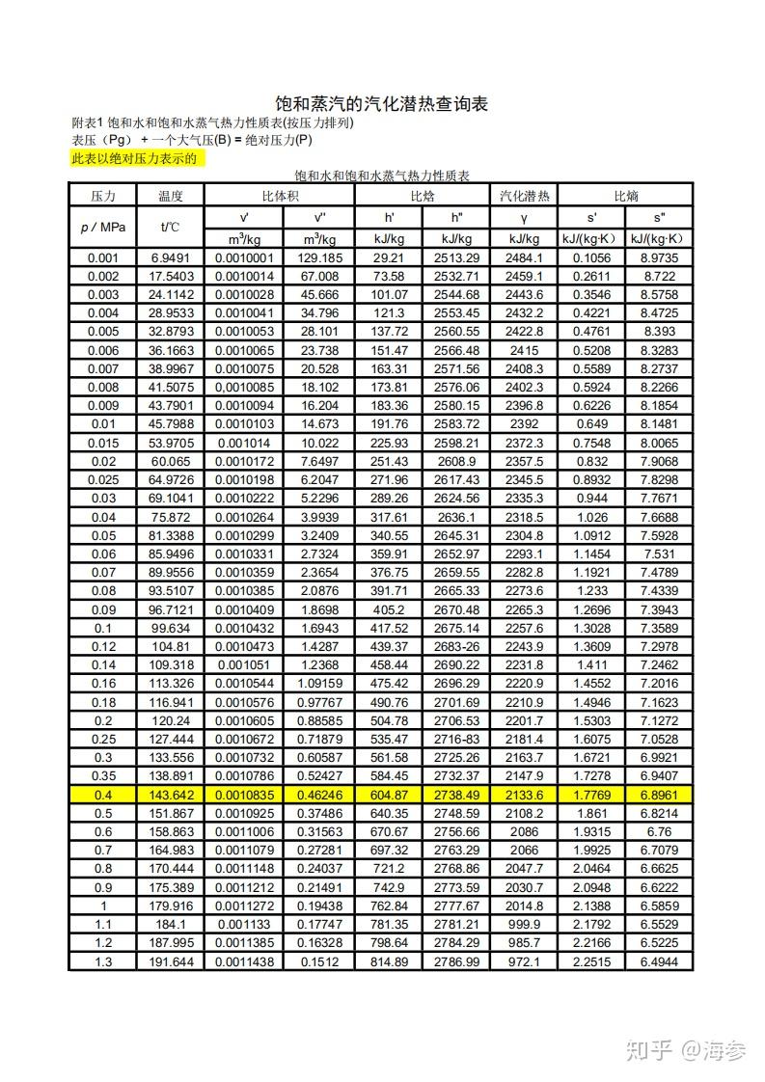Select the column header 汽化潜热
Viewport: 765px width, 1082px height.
point(524,196)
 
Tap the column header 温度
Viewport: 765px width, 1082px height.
point(170,196)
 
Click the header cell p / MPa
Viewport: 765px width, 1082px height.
point(102,227)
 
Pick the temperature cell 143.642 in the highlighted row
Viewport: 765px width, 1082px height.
point(170,794)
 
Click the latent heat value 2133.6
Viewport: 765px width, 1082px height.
point(524,794)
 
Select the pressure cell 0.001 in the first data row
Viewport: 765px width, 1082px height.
point(102,257)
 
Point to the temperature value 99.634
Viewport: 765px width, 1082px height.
point(170,629)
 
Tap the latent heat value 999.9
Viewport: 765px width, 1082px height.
point(524,924)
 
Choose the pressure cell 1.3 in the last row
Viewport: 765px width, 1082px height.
point(102,961)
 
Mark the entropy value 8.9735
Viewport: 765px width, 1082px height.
point(660,257)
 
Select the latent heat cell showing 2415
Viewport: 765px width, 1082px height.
point(524,350)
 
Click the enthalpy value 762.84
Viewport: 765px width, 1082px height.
point(390,906)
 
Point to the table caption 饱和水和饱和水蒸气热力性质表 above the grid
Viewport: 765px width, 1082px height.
point(381,176)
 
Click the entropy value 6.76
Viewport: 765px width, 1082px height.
point(660,831)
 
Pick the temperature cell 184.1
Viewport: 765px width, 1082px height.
point(170,924)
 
